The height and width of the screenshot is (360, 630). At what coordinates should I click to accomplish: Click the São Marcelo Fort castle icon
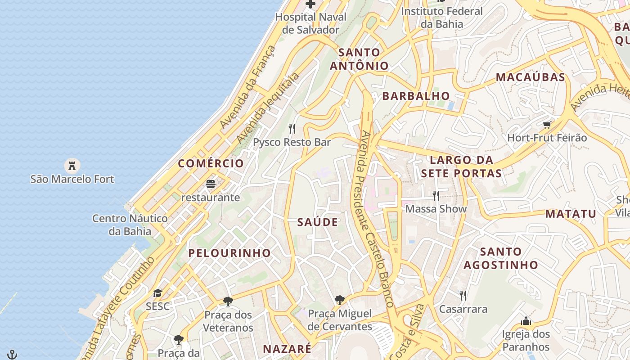72,166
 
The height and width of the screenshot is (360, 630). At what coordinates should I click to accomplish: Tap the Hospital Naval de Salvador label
310,23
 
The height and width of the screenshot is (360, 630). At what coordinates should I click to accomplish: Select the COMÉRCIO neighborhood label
211,163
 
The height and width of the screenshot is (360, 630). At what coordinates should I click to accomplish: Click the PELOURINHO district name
229,253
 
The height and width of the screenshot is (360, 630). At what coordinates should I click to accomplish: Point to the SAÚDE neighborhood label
318,222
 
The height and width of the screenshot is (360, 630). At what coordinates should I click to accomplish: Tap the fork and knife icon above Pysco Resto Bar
292,129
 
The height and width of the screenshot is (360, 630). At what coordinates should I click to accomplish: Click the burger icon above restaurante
211,184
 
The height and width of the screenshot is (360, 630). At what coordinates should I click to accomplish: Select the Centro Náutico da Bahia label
130,225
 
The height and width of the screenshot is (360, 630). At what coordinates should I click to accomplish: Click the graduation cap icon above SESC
157,293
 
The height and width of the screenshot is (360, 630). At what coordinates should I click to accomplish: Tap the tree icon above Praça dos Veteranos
228,301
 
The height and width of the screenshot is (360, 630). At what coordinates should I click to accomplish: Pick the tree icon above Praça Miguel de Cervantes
340,300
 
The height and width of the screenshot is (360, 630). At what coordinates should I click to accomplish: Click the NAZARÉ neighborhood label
287,349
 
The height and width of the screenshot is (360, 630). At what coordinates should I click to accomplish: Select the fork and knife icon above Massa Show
436,196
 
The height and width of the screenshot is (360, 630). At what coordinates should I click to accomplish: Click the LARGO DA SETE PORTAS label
461,166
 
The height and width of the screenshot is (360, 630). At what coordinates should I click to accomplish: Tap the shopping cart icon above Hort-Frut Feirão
547,125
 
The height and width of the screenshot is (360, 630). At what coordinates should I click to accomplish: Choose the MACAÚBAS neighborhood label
531,77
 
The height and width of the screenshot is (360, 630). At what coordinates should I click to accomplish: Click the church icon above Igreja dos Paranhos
526,321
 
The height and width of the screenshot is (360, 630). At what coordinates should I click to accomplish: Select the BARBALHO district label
416,96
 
